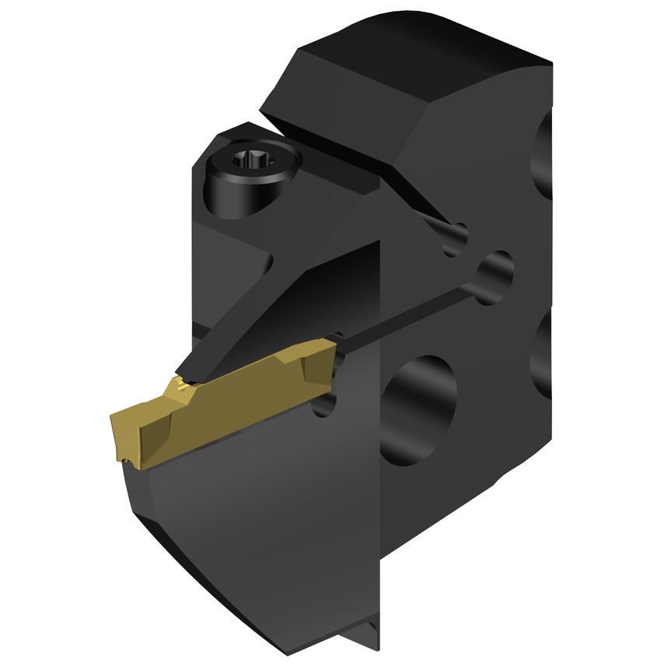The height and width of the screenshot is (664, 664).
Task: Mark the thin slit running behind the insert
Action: [404, 314]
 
